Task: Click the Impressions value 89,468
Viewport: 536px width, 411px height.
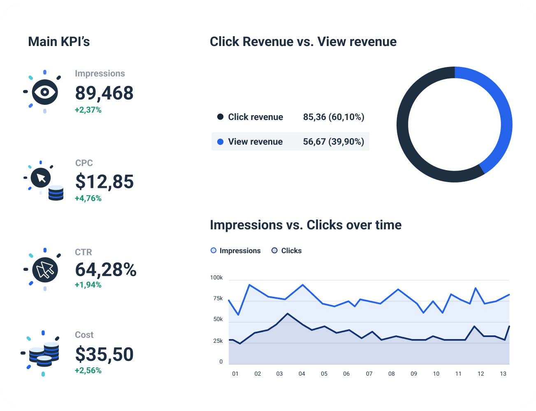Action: coord(104,93)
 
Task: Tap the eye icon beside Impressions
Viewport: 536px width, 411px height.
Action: coord(45,92)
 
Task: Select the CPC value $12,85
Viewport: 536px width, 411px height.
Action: coord(104,182)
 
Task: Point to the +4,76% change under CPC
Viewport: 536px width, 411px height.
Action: coord(88,199)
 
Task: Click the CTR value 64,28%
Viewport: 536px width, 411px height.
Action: coord(106,270)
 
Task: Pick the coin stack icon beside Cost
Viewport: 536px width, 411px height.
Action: coord(44,354)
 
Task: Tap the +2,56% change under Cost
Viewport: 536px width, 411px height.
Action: coord(88,370)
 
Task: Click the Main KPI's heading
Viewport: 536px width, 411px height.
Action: coord(59,42)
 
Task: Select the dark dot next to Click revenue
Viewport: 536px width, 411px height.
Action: coord(220,117)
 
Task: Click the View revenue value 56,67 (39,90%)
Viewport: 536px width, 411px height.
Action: coord(333,142)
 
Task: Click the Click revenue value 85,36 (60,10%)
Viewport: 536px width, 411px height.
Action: coord(333,117)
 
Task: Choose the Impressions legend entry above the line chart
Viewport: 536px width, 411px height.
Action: coord(236,251)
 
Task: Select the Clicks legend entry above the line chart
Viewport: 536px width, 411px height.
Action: coord(287,251)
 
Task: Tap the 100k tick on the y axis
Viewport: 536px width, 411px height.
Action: coord(216,278)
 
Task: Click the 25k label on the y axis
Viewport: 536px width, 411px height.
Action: coord(218,341)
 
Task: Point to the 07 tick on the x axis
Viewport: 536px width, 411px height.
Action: coord(369,374)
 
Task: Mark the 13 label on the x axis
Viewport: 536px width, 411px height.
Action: coord(503,374)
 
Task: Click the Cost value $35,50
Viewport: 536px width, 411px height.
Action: coord(104,354)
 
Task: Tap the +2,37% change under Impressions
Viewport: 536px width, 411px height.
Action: coord(88,110)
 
